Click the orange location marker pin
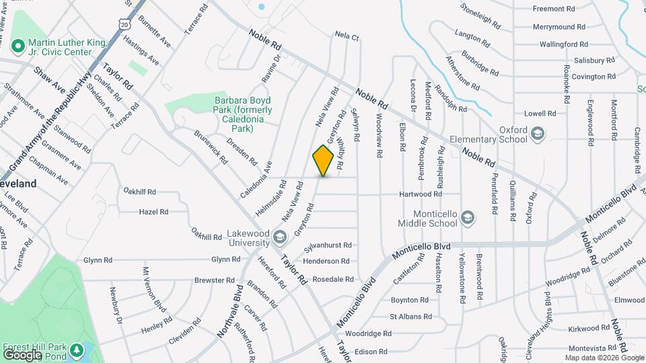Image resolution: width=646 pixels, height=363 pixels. pyautogui.click(x=324, y=160)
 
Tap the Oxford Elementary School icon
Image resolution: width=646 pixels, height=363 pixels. pyautogui.click(x=538, y=134)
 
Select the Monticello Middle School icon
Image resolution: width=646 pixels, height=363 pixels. pyautogui.click(x=468, y=217)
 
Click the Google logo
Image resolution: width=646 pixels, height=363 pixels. pyautogui.click(x=22, y=354)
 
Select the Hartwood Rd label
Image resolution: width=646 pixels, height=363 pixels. pyautogui.click(x=421, y=194)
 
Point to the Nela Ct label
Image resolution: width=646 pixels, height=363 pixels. pyautogui.click(x=347, y=36)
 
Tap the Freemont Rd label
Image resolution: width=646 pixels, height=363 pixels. pyautogui.click(x=553, y=9)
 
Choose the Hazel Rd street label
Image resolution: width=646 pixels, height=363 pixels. pyautogui.click(x=153, y=212)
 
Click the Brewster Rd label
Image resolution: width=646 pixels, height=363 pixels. pyautogui.click(x=214, y=280)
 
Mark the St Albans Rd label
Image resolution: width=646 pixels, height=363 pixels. pyautogui.click(x=410, y=316)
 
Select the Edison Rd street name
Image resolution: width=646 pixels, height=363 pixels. pyautogui.click(x=371, y=351)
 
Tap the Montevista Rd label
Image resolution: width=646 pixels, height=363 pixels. pyautogui.click(x=592, y=348)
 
